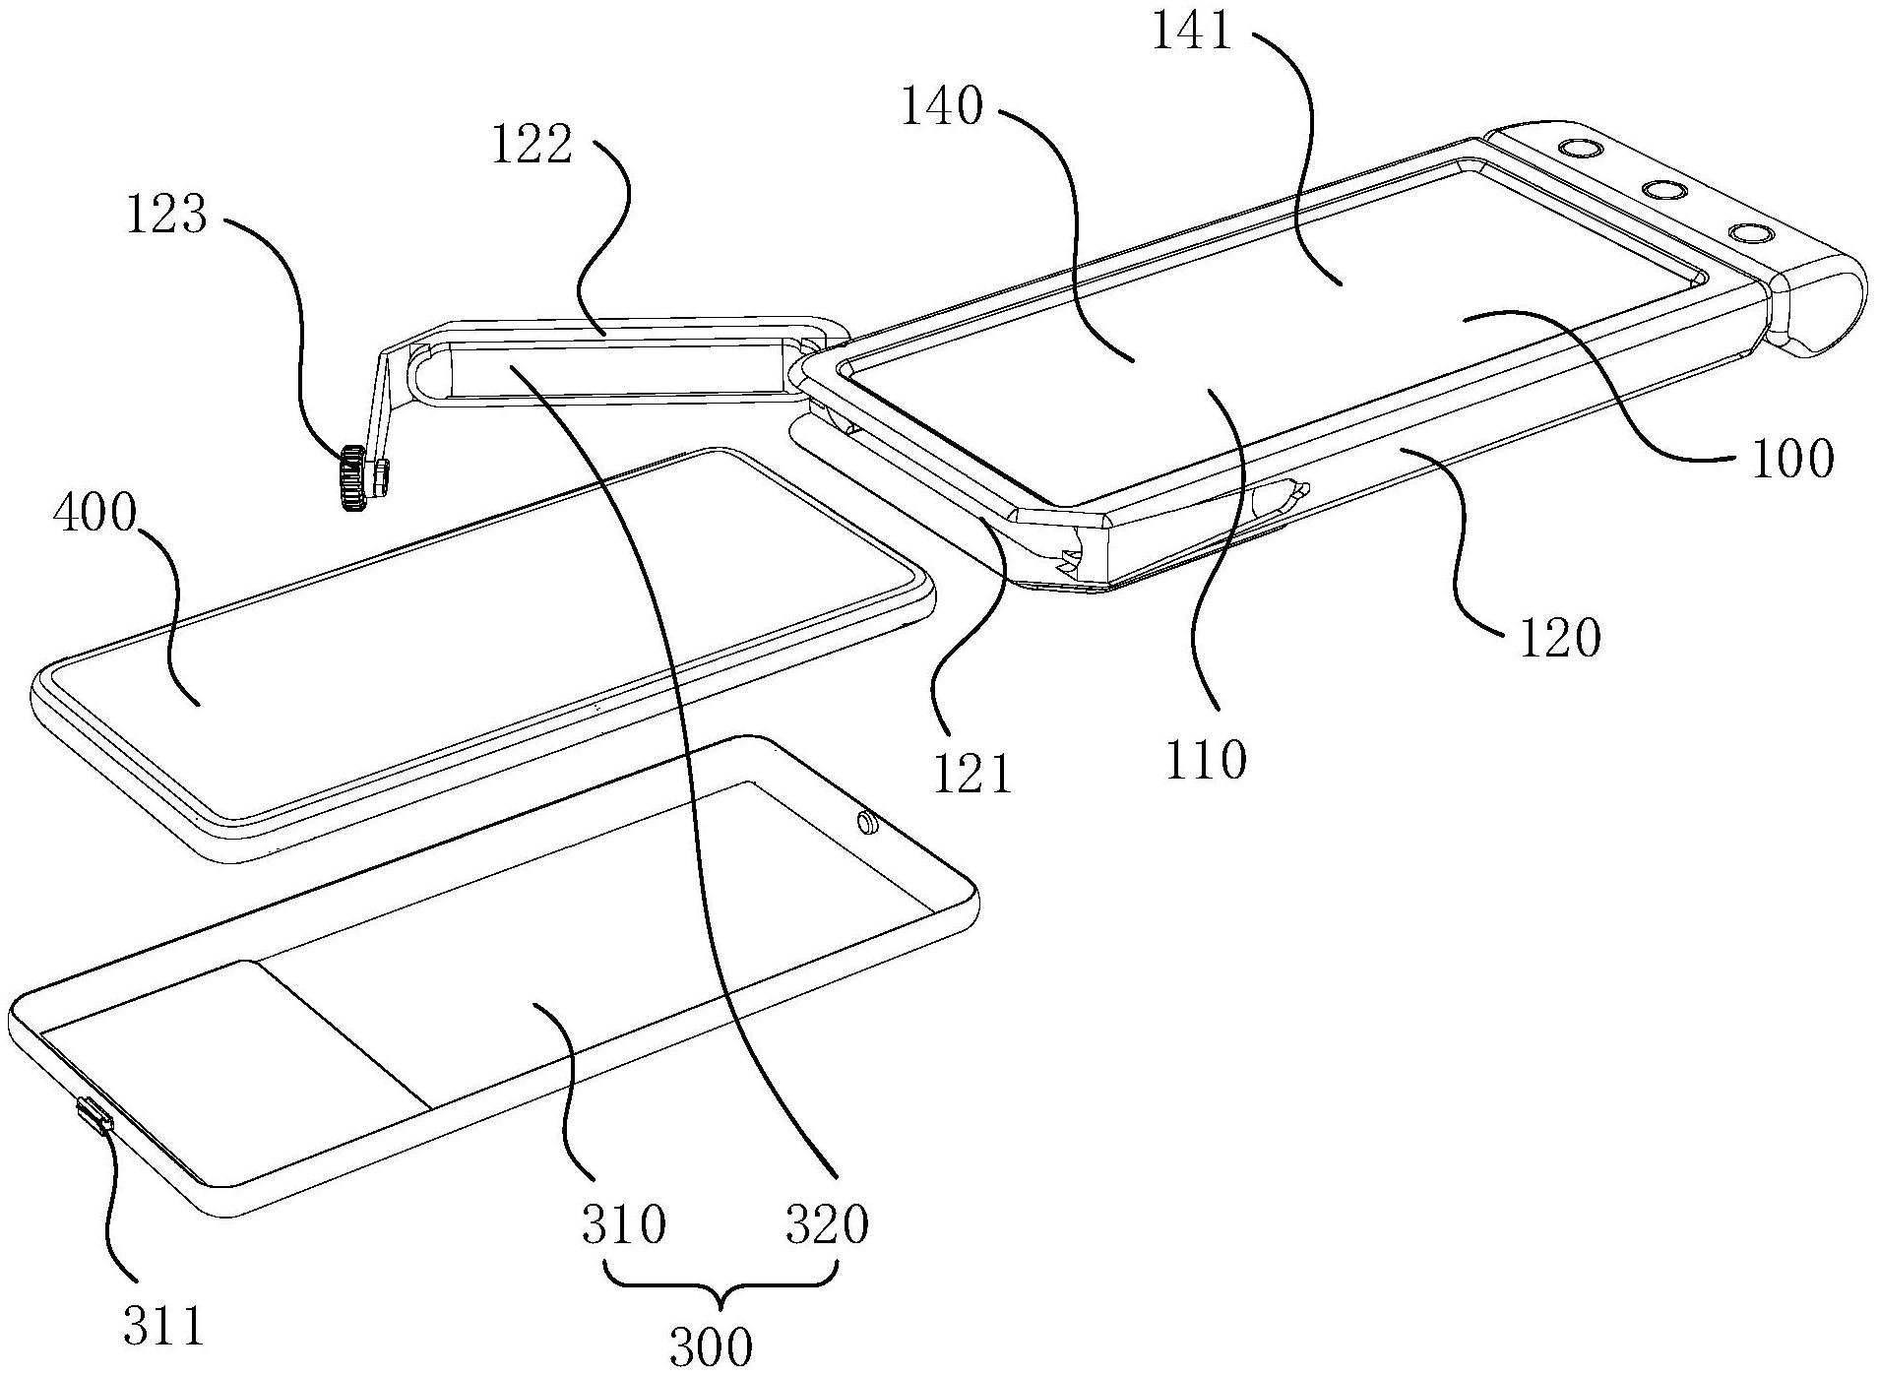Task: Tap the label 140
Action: point(942,106)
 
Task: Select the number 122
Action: point(532,147)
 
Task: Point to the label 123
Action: point(166,214)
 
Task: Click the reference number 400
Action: point(94,515)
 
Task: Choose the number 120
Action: point(1561,638)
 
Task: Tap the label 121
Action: point(973,774)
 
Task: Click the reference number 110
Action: point(1206,759)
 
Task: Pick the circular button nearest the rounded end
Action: point(1751,234)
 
